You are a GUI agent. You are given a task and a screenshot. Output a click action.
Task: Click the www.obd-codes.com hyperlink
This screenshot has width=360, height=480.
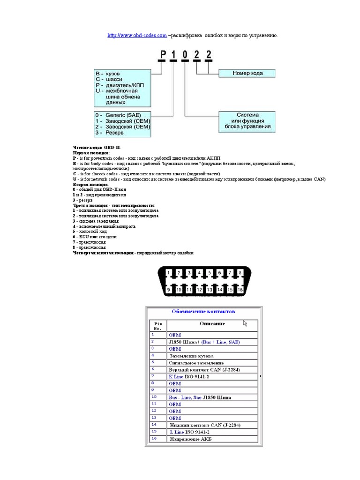coord(137,35)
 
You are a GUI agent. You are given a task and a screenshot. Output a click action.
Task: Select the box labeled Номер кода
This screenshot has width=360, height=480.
coord(247,73)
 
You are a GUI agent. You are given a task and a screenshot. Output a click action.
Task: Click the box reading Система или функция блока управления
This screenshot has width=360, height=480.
coord(247,121)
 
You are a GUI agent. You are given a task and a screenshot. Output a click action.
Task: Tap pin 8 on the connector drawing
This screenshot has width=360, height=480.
coord(240,272)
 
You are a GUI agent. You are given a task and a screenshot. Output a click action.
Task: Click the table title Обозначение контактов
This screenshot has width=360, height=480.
coord(203,311)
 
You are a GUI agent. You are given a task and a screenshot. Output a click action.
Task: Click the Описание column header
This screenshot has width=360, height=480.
coord(212,323)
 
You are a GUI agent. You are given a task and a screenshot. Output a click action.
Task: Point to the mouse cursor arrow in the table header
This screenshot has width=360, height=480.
coord(245,323)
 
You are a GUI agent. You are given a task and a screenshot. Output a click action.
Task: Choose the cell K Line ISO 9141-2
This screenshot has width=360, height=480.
coord(189,376)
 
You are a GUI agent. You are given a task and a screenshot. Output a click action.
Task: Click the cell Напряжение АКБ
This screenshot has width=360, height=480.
coord(190,439)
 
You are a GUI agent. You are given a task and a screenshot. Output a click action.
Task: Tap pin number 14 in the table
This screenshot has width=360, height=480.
coord(153,425)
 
